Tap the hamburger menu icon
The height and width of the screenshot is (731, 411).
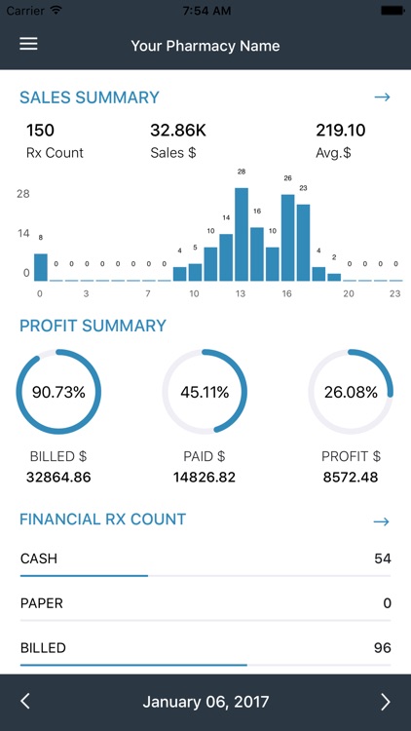coord(28,45)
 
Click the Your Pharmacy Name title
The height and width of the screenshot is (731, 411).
coord(205,46)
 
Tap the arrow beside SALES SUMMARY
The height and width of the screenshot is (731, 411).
coord(382,97)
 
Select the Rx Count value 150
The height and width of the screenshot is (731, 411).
coord(40,130)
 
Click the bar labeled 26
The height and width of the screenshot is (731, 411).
coord(287,238)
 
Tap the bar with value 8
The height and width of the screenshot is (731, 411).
coord(41,267)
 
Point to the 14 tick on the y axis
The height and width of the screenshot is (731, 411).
coord(23,234)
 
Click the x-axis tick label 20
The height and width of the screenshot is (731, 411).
coord(349,293)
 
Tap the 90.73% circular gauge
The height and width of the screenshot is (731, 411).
coord(58,393)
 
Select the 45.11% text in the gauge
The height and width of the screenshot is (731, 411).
coord(205,393)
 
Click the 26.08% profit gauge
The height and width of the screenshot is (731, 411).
coord(351,393)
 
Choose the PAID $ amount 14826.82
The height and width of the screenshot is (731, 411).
coord(205,478)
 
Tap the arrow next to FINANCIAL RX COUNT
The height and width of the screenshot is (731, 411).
coord(382,521)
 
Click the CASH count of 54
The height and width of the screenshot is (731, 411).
coord(382,558)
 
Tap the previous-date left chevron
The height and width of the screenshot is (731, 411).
coord(25,702)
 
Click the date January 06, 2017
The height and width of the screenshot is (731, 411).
coord(205,702)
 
